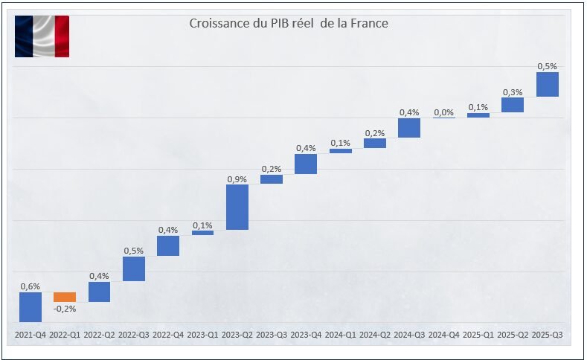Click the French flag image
point(42,36)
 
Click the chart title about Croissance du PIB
point(288,24)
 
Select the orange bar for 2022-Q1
point(65,297)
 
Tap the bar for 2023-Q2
point(237,207)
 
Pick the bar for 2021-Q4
point(31,306)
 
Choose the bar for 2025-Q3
point(548,84)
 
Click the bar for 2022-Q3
point(134,269)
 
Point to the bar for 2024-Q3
point(409,128)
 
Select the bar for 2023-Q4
point(306,164)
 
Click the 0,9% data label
point(237,179)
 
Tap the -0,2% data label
point(65,309)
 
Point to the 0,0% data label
point(443,112)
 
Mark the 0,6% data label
point(31,286)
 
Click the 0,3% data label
point(513,92)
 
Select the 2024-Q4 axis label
point(443,336)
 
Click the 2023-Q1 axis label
point(202,336)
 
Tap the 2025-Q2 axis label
point(513,336)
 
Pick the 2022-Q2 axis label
point(99,336)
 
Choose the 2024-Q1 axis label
point(340,336)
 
